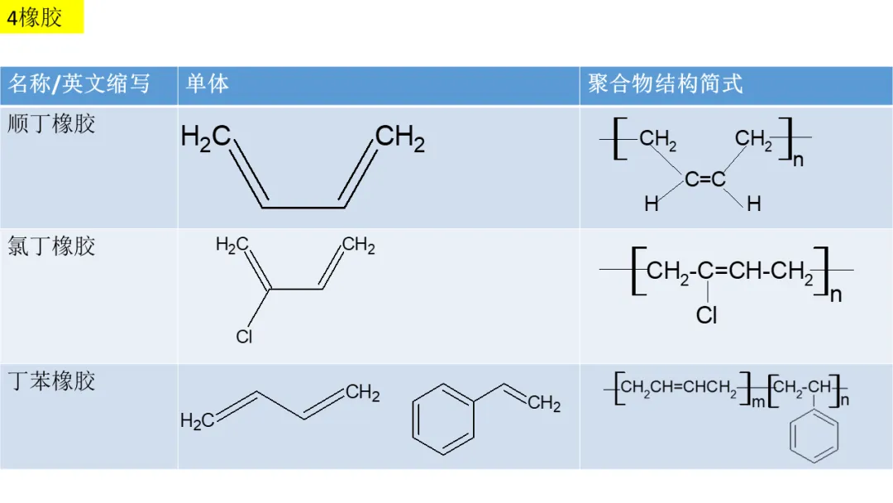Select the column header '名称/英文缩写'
79,84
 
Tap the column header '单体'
207,84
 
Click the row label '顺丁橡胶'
51,124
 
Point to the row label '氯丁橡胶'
51,246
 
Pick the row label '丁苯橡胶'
51,381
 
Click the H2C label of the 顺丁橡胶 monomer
205,138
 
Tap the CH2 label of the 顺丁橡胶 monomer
400,138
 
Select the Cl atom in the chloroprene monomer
244,337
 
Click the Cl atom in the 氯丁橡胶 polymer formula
707,315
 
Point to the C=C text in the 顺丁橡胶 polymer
705,179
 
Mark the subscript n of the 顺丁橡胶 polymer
798,160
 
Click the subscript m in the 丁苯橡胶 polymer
757,401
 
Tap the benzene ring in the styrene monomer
443,419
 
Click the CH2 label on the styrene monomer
544,404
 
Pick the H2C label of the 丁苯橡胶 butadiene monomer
197,422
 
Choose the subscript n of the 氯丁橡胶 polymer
836,295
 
